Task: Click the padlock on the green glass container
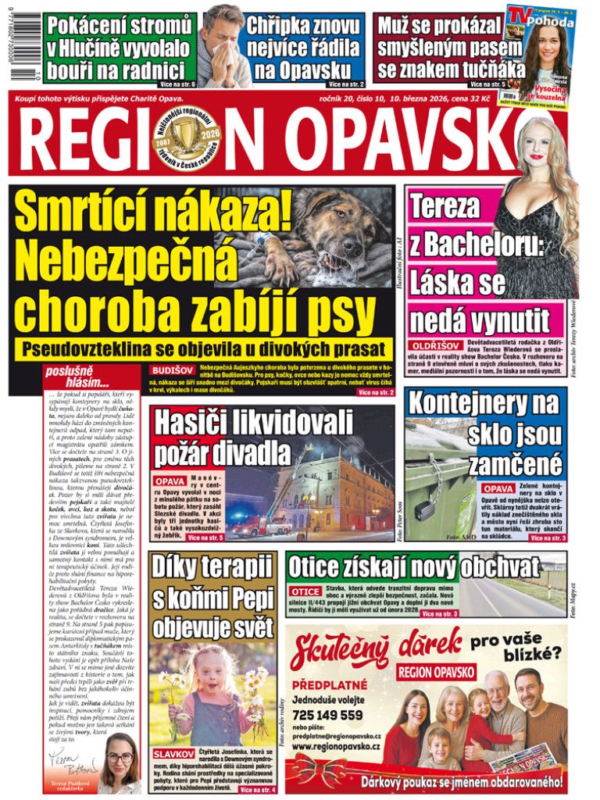click(x=424, y=509)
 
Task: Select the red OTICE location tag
click(x=305, y=591)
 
